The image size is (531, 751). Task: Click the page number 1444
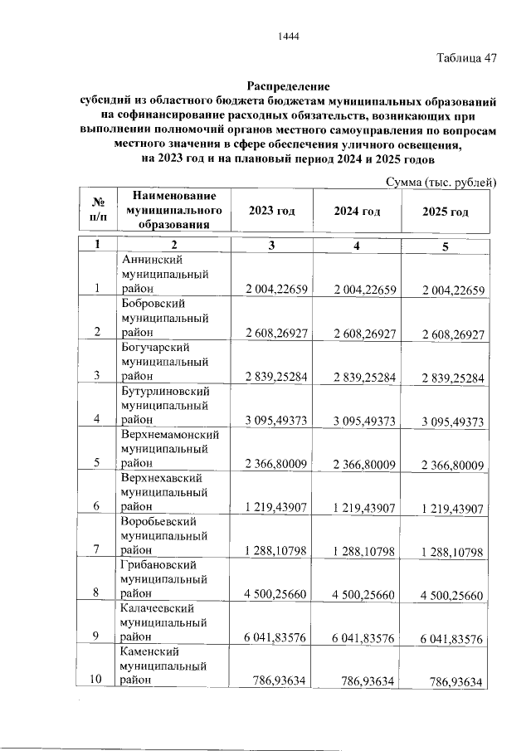click(288, 36)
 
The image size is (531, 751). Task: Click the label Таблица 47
click(466, 59)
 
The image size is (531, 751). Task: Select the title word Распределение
click(288, 86)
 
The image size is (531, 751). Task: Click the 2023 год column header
click(271, 212)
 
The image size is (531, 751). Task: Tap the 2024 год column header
click(357, 212)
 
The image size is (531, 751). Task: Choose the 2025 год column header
click(445, 212)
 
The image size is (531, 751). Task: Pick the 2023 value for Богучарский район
click(276, 377)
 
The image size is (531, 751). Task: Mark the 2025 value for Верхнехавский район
click(452, 506)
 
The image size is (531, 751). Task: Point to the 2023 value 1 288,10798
click(276, 550)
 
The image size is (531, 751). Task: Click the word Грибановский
click(156, 564)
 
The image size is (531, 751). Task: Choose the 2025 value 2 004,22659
click(452, 290)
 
